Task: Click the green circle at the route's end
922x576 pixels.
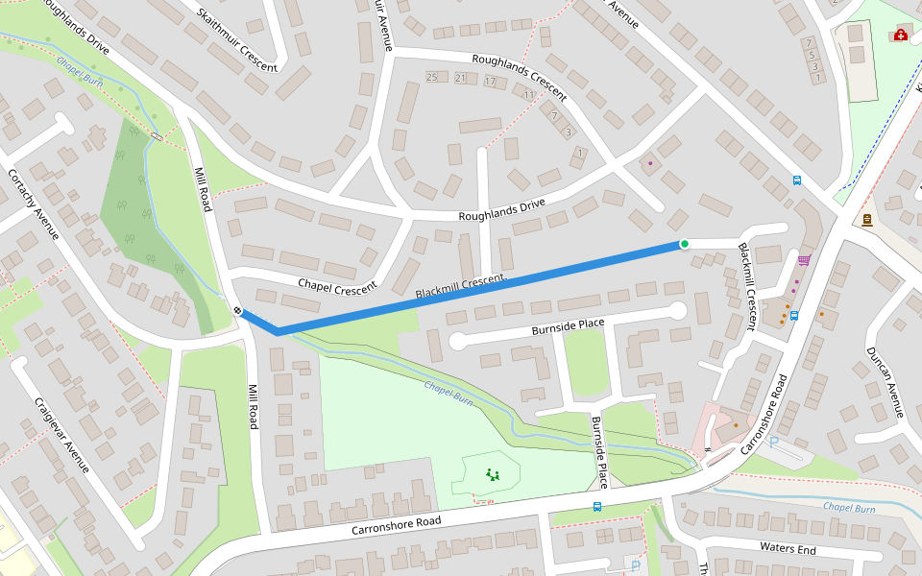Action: (x=684, y=244)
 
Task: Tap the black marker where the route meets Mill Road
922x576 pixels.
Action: (x=236, y=309)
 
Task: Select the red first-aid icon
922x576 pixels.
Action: (x=900, y=36)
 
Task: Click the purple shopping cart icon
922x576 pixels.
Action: (x=803, y=259)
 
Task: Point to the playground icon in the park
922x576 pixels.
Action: (x=493, y=473)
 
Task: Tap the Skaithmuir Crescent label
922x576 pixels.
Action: (x=236, y=40)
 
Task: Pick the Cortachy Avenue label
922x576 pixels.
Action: (x=35, y=207)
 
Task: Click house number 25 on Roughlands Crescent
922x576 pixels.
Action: (x=431, y=78)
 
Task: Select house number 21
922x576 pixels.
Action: (x=461, y=79)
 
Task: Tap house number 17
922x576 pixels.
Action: (x=490, y=82)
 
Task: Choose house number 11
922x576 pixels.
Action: (x=528, y=95)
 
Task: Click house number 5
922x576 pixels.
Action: (x=813, y=55)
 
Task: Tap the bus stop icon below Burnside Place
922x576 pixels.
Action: (x=597, y=506)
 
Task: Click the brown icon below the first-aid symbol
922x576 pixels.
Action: (x=867, y=220)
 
